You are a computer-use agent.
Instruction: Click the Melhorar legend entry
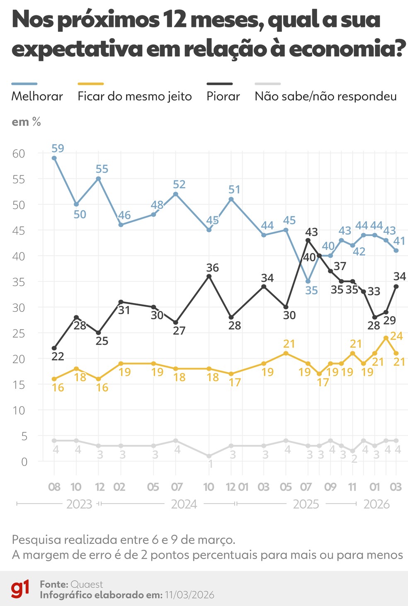click(x=37, y=96)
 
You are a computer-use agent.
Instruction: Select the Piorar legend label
click(x=223, y=96)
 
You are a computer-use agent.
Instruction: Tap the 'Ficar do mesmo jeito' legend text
click(x=134, y=96)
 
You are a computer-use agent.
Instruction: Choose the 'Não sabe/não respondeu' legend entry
click(x=325, y=96)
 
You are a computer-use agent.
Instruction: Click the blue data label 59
click(x=58, y=148)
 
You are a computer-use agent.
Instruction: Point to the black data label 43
click(x=311, y=232)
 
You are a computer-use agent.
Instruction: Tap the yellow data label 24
click(x=396, y=336)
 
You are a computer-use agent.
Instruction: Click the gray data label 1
click(x=210, y=464)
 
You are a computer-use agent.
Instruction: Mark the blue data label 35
click(x=311, y=291)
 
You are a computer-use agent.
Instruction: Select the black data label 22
click(x=58, y=356)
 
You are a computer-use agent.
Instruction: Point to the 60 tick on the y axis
click(x=19, y=153)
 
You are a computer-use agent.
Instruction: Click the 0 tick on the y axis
click(x=24, y=462)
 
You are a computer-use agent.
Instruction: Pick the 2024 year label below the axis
click(x=184, y=504)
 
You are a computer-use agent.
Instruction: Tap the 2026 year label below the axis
click(x=376, y=504)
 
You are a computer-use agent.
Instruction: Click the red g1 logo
click(x=20, y=589)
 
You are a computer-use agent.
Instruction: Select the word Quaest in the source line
click(x=87, y=584)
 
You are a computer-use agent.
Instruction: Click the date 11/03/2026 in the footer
click(x=189, y=595)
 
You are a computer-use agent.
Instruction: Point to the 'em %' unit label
click(x=26, y=122)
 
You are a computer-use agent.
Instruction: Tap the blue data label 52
click(x=179, y=184)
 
